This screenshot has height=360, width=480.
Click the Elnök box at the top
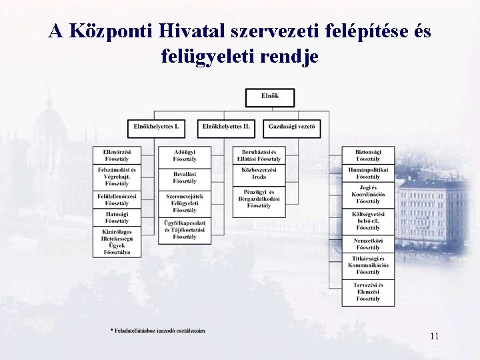point(270,97)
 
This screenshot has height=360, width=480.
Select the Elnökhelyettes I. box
point(157,127)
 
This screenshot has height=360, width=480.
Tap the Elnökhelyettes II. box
point(227,127)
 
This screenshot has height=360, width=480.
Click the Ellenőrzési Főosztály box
point(117,155)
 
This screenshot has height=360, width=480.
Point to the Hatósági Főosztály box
point(117,217)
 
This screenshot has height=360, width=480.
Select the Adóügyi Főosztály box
point(185,155)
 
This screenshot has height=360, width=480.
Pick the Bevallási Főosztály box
point(185,177)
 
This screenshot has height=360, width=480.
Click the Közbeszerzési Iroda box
point(259,173)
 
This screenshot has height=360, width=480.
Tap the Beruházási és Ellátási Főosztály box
point(259,155)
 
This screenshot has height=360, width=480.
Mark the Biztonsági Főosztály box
point(367,155)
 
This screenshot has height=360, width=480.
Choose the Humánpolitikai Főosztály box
point(367,173)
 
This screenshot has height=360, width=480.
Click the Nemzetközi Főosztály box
point(367,243)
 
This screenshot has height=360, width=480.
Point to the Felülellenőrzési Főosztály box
point(117,199)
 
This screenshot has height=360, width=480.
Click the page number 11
point(434,336)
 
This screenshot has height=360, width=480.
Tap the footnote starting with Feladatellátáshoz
point(158,331)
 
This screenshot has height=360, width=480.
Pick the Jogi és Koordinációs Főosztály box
point(367,194)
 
